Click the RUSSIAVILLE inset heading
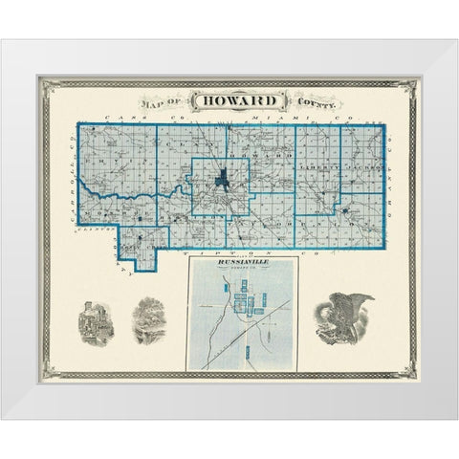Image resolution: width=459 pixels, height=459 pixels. (x=243, y=262)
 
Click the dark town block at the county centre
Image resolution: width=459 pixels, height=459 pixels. (x=222, y=179)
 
